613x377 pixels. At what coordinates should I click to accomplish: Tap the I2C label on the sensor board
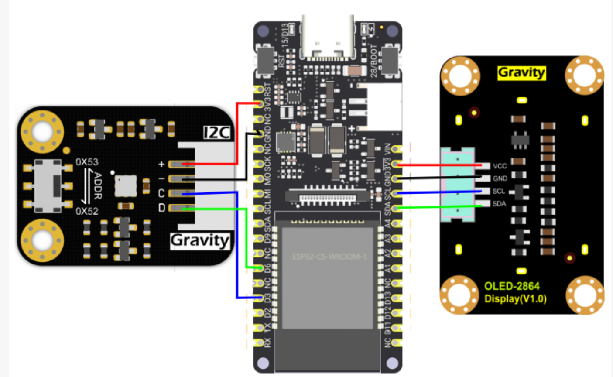pos(217,133)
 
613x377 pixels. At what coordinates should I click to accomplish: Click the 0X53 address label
pos(87,162)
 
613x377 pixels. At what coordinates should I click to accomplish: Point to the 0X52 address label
pos(87,211)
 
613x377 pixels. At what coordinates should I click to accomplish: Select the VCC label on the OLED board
pos(500,166)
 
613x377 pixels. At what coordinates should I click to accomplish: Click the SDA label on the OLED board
pos(499,204)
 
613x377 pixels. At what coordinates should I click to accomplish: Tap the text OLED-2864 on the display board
pos(512,286)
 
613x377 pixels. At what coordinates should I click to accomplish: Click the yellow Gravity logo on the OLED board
pos(521,72)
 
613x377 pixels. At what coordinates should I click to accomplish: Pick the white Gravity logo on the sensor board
pos(200,240)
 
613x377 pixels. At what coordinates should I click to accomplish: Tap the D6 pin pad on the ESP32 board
pos(260,268)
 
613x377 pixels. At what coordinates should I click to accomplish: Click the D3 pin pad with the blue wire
pos(260,298)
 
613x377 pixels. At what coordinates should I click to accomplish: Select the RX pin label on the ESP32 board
pos(267,343)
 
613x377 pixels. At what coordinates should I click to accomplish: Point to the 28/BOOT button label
pos(374,61)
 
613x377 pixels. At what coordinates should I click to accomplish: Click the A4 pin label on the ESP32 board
pos(388,223)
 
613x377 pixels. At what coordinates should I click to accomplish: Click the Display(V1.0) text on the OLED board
pos(515,299)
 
